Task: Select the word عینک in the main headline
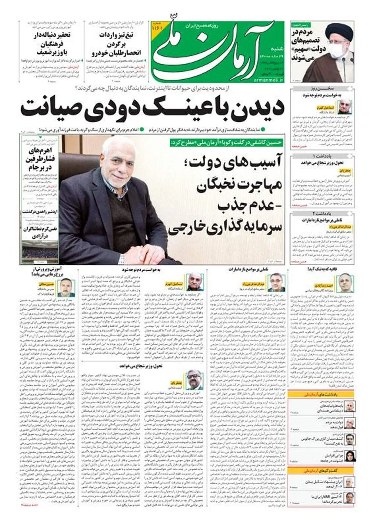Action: click(174, 107)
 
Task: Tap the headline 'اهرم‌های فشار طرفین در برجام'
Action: click(40, 160)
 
